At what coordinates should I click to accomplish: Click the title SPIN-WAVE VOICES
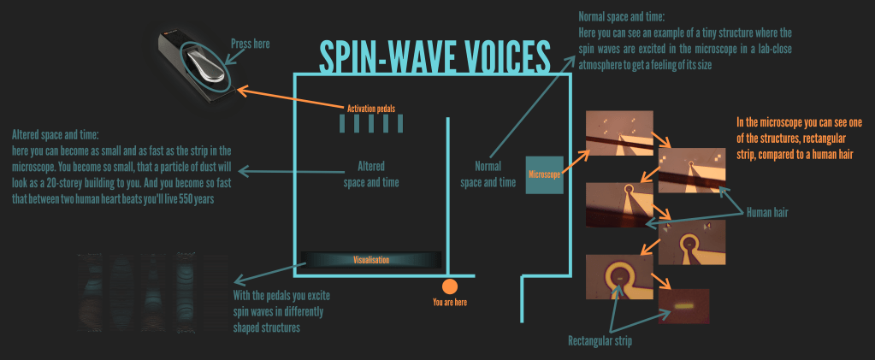[435, 56]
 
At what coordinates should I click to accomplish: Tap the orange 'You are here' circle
[450, 286]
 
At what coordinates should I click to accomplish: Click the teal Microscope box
[544, 174]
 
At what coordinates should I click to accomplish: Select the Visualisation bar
[370, 259]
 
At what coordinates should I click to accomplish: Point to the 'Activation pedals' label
[371, 108]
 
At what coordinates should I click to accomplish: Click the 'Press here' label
[251, 43]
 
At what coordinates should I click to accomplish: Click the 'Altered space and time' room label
[371, 174]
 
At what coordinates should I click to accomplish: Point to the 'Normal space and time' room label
[488, 174]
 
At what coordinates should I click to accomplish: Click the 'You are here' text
[450, 302]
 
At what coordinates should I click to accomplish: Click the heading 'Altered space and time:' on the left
[56, 135]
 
